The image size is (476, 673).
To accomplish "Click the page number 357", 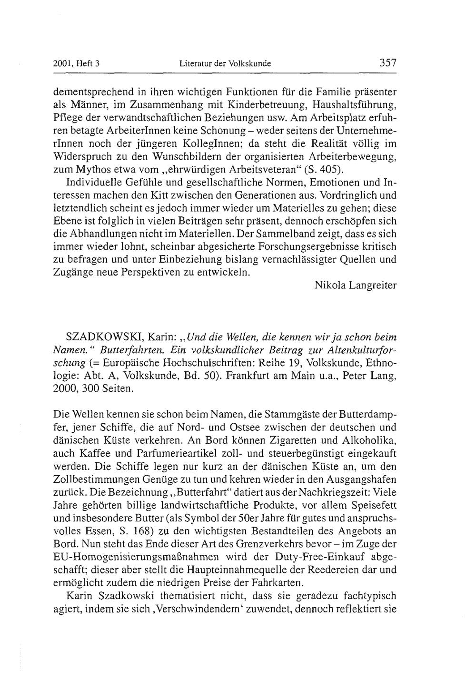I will point(387,62).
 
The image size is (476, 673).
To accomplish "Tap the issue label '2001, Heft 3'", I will point(76,63).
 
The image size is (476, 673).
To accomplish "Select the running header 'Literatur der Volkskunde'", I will point(225,63).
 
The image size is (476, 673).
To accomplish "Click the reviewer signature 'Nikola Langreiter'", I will point(356,285).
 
